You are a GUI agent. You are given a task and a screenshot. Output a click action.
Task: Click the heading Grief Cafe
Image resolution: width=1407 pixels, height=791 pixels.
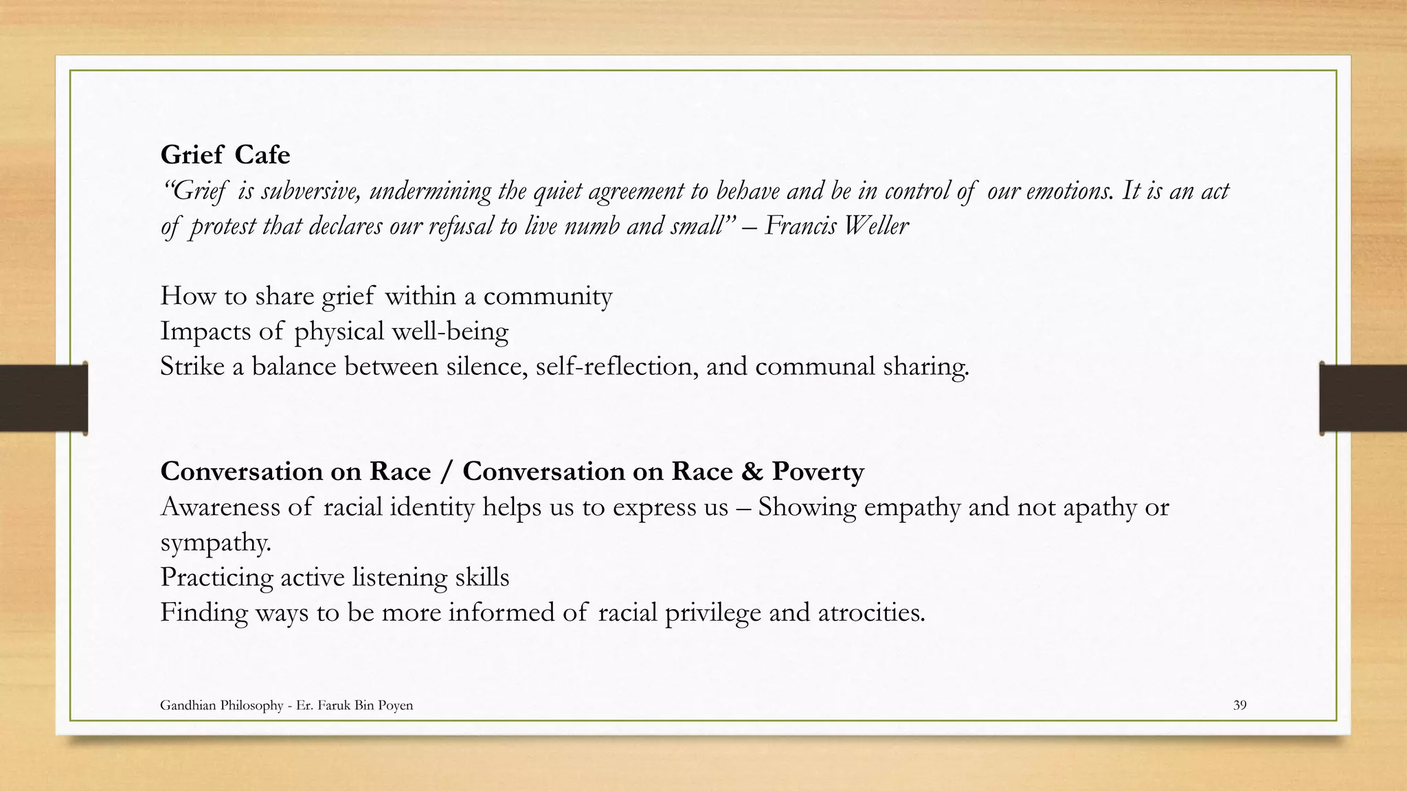[225, 154]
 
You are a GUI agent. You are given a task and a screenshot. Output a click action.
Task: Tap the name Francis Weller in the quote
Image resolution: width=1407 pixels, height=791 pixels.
[836, 225]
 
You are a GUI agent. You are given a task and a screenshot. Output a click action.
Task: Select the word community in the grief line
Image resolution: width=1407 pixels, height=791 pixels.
[548, 296]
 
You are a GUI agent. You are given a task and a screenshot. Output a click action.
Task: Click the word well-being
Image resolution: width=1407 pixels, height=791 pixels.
[450, 331]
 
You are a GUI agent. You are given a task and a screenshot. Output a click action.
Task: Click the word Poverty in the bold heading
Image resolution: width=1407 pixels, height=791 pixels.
[818, 471]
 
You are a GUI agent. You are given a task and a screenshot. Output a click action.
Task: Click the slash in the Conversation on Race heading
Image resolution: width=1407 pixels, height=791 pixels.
[447, 471]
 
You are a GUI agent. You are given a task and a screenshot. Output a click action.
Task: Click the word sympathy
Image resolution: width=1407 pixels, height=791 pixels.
[216, 542]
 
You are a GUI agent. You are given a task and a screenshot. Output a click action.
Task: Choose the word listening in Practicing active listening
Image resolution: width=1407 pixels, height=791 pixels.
[400, 577]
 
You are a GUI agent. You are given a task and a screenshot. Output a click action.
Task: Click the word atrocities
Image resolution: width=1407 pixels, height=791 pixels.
[871, 612]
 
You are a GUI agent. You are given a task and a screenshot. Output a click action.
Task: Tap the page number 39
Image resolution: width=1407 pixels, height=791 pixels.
[1239, 705]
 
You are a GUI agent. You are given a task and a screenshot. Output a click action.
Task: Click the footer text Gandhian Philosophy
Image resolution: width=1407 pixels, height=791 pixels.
[221, 705]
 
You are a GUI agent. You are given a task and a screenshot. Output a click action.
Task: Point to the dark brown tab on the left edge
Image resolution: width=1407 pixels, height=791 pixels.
[43, 398]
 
